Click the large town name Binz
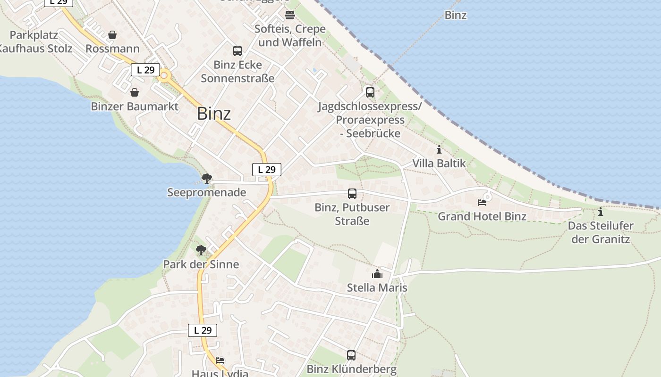click(214, 114)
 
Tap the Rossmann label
click(112, 49)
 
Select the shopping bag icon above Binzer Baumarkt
click(135, 92)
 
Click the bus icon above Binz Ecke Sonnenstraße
click(237, 51)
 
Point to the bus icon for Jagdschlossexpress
click(370, 92)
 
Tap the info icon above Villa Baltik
click(439, 150)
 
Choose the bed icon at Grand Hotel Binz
click(482, 203)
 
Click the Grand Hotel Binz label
click(482, 216)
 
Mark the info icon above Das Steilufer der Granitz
click(601, 212)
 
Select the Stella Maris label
click(377, 287)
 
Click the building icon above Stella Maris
click(377, 274)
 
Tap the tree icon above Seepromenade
click(206, 179)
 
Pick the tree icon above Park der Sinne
click(201, 250)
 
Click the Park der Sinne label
click(201, 264)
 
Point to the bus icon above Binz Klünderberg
click(351, 355)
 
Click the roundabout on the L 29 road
click(164, 75)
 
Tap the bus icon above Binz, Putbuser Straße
click(352, 194)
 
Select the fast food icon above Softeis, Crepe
click(290, 15)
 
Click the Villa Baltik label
click(439, 164)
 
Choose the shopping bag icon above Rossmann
click(112, 35)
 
